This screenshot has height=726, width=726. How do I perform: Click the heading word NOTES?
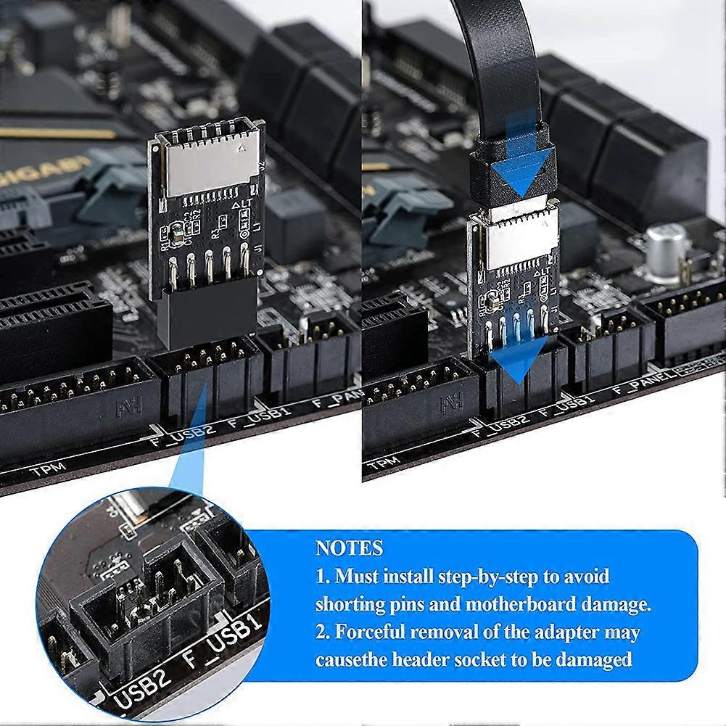(x=349, y=548)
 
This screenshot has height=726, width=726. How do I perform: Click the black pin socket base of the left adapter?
(x=209, y=316)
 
